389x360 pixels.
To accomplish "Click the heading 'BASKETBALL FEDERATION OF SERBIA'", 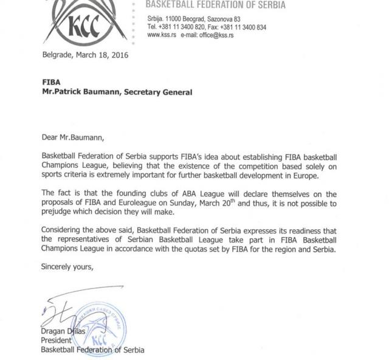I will click(x=216, y=5).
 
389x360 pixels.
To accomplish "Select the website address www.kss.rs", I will click(x=162, y=35).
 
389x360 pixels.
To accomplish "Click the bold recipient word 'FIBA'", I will click(x=51, y=82).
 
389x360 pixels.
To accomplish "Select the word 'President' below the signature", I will click(x=56, y=341).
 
